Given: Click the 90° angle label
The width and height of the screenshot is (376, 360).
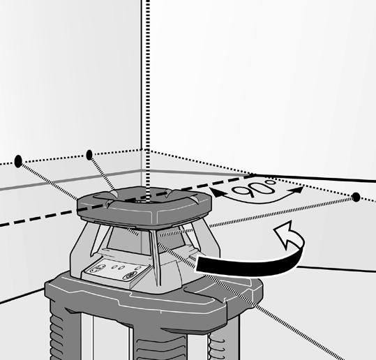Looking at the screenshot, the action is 255,187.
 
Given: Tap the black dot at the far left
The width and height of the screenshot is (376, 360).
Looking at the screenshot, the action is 18,161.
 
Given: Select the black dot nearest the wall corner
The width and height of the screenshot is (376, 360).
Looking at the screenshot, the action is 89,155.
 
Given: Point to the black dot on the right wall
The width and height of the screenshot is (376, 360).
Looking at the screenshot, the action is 356,197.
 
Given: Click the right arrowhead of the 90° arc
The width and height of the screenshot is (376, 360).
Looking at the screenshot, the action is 297,190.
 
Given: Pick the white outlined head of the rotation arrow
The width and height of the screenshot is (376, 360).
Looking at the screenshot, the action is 285,234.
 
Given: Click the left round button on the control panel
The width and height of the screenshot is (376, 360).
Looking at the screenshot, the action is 99,269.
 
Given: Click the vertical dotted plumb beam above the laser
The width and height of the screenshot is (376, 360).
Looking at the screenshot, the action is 148,96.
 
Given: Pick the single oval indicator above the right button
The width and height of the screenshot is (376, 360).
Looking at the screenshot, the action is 137,269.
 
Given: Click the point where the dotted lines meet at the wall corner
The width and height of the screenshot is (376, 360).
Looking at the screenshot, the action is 147,151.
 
